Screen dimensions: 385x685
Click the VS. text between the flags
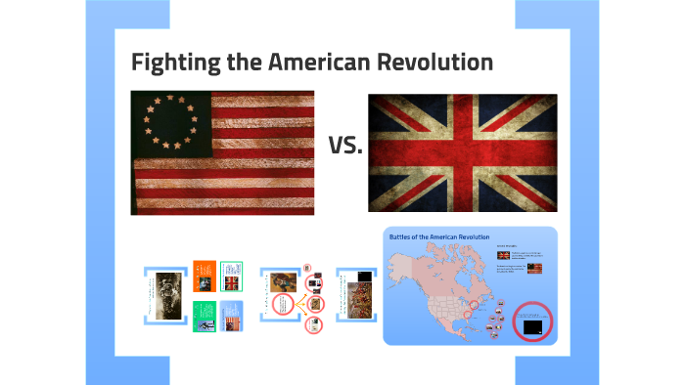(345, 147)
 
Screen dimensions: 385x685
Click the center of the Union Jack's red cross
(462, 153)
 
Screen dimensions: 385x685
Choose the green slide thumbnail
(204, 314)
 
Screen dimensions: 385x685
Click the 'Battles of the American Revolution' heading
(439, 237)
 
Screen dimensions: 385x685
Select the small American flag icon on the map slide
(534, 267)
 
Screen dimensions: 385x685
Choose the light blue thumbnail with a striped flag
(231, 315)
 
